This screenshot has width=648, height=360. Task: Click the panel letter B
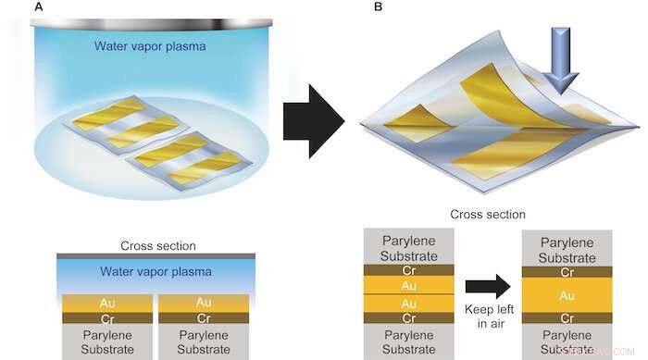[x=351, y=8]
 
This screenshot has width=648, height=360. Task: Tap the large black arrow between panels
[x=311, y=118]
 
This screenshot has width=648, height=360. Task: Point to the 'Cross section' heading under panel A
[x=156, y=245]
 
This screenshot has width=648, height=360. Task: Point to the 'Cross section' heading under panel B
[x=488, y=215]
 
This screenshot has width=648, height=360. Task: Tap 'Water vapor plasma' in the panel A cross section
[x=156, y=272]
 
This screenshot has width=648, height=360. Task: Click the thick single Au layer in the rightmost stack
[x=567, y=296]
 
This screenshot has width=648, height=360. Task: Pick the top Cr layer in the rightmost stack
[x=567, y=272]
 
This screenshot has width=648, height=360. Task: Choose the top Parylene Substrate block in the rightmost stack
[x=567, y=250]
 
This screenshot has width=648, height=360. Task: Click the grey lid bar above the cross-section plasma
[x=156, y=254]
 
